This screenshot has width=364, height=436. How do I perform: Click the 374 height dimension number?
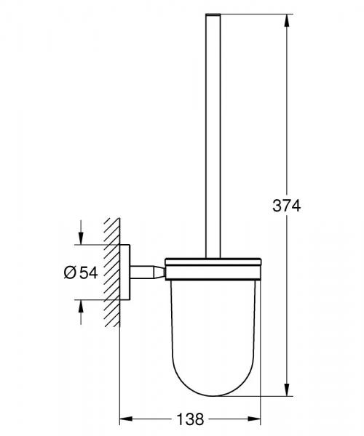click(x=287, y=206)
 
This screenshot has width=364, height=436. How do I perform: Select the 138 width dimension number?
click(x=189, y=420)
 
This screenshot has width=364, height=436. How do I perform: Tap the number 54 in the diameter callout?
click(x=88, y=272)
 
